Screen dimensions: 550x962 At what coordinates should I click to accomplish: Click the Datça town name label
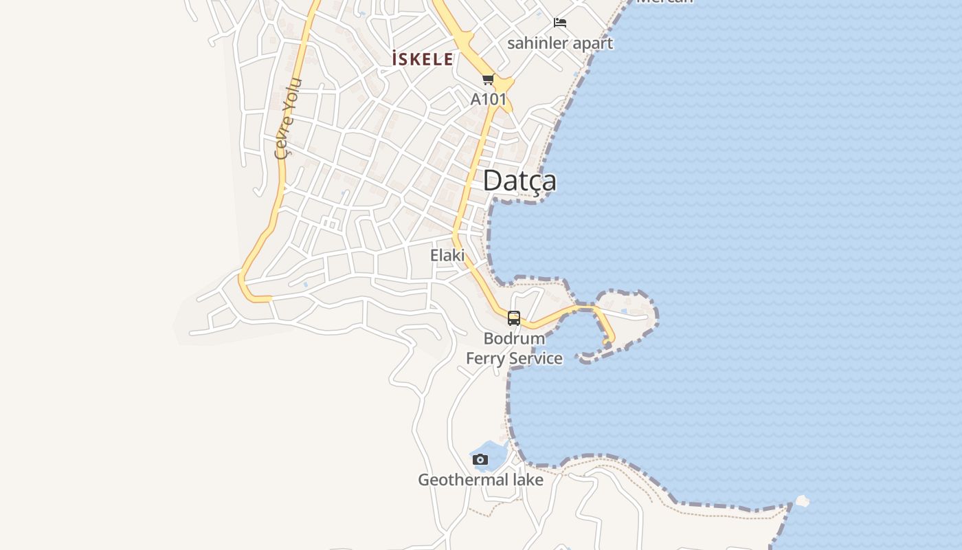coord(519,181)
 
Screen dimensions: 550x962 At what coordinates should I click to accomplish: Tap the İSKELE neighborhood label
coord(423,59)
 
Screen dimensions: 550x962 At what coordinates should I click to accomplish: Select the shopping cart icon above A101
coord(489,79)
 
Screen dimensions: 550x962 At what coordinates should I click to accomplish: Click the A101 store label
coord(489,99)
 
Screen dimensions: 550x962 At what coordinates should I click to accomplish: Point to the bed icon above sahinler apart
coord(560,23)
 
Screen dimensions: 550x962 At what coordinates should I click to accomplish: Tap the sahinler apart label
coord(560,43)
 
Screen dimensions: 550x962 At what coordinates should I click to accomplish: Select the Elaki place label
coord(447,255)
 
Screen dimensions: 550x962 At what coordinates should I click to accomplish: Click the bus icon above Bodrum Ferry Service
coord(514,318)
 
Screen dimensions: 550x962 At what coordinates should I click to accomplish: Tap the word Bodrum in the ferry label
coord(514,338)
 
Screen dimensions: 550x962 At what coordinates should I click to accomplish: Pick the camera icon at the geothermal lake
coord(480,459)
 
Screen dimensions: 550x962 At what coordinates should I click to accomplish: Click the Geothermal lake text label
coord(480,479)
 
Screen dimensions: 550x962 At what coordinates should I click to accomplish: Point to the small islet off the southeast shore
coord(802,501)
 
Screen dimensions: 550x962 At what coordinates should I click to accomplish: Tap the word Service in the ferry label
coord(535,358)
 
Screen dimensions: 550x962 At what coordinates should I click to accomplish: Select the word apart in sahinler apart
coord(592,43)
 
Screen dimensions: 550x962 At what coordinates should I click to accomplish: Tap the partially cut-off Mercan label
coord(664,2)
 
